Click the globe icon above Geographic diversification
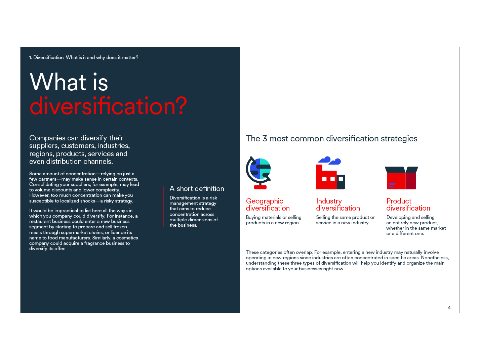258,173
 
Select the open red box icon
401,178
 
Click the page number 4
449,307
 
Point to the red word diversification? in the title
108,106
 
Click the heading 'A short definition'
197,188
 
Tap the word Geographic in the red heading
265,201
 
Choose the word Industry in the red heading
329,201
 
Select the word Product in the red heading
399,201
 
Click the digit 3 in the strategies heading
265,138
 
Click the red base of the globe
260,187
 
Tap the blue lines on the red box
392,185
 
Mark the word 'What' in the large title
58,82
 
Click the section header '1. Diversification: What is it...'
84,57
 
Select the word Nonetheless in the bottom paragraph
435,258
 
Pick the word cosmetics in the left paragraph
127,238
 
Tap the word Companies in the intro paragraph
47,138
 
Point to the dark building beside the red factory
341,182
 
